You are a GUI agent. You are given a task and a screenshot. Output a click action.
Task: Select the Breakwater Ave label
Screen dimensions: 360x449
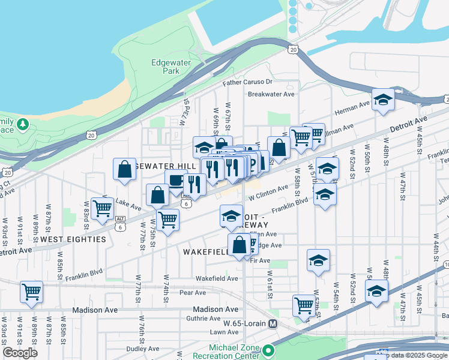click(271, 94)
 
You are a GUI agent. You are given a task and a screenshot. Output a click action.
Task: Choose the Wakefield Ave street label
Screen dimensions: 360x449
click(217, 278)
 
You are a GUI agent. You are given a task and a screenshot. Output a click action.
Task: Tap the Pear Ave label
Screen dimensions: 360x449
click(193, 293)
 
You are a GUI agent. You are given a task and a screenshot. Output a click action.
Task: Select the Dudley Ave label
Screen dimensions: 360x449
click(142, 348)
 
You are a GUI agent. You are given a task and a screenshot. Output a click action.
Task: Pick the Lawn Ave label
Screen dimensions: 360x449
click(224, 332)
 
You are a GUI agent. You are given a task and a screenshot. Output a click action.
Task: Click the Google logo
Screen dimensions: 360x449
click(20, 353)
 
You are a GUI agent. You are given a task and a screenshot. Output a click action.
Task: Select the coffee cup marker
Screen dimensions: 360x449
click(176, 180)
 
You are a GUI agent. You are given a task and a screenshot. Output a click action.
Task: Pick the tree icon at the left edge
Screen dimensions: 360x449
click(23, 124)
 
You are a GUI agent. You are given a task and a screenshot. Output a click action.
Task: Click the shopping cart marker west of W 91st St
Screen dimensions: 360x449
click(31, 292)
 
